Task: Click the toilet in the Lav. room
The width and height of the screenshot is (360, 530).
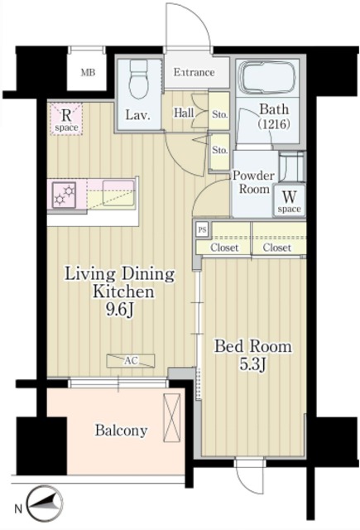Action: tap(139, 79)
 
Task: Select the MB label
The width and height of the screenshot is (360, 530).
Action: tap(88, 72)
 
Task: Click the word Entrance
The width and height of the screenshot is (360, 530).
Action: tap(194, 72)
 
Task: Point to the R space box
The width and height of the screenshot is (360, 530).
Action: tap(66, 119)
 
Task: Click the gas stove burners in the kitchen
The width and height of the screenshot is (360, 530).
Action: tap(65, 195)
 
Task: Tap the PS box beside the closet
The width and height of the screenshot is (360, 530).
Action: tap(202, 230)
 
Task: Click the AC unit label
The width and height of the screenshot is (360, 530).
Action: tap(131, 361)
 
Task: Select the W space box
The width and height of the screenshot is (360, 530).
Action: tap(289, 200)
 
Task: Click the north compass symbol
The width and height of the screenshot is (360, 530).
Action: tap(45, 503)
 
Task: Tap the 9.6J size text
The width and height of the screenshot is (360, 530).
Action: tap(120, 310)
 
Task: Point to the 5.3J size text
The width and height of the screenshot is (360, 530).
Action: tap(253, 364)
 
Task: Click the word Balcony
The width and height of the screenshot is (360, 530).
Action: tap(121, 431)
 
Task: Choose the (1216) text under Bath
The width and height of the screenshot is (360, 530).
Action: tap(274, 124)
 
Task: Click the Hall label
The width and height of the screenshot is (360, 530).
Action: tap(184, 113)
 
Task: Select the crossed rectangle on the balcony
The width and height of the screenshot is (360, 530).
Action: tap(171, 417)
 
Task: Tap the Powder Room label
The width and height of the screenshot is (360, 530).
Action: tap(253, 182)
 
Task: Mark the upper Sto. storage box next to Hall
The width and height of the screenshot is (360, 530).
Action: tap(219, 111)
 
